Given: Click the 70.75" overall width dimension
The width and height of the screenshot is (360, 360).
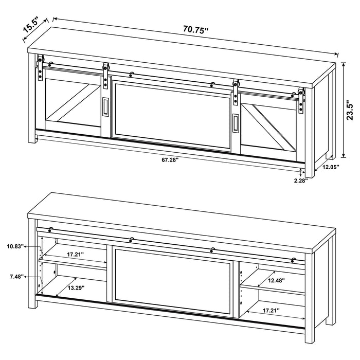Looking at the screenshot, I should pos(195,29).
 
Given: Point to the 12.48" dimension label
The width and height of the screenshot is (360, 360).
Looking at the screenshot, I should pos(276,280).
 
